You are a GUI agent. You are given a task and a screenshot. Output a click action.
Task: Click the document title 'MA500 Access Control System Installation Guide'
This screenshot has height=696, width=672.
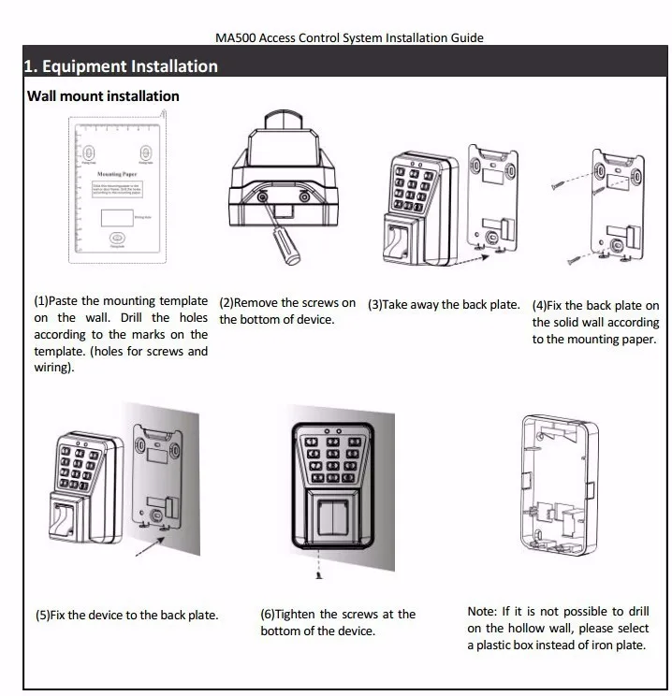(x=349, y=38)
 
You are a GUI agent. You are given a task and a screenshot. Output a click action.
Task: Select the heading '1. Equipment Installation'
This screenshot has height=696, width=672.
(x=121, y=66)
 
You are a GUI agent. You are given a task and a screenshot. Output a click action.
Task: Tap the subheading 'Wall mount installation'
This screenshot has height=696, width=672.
(x=103, y=96)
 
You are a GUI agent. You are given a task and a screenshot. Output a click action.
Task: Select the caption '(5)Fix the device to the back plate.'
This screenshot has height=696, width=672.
(x=126, y=615)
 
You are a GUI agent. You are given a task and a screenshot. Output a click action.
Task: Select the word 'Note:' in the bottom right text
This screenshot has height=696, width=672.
(x=484, y=612)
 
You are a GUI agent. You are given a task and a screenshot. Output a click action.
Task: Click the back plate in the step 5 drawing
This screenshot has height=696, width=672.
(x=157, y=476)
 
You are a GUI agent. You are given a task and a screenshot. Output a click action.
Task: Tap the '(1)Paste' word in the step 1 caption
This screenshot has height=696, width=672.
(x=57, y=301)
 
